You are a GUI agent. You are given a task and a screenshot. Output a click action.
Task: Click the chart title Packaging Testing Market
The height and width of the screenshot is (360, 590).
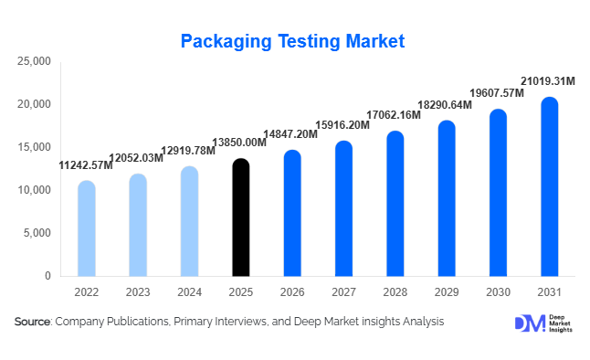(x=292, y=41)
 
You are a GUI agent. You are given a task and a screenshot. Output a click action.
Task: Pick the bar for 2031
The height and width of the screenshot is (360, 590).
(x=549, y=187)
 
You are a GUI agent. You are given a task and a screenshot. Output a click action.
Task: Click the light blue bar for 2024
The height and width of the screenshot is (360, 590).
(x=189, y=221)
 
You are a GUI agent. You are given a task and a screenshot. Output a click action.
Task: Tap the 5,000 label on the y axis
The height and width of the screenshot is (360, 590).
(x=37, y=233)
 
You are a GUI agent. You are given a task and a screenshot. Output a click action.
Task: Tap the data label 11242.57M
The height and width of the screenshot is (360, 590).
(x=86, y=165)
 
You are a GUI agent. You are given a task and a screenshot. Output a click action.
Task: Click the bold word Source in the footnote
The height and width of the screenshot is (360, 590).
(x=32, y=322)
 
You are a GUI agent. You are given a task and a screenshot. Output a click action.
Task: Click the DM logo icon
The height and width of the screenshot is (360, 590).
(x=529, y=323)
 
